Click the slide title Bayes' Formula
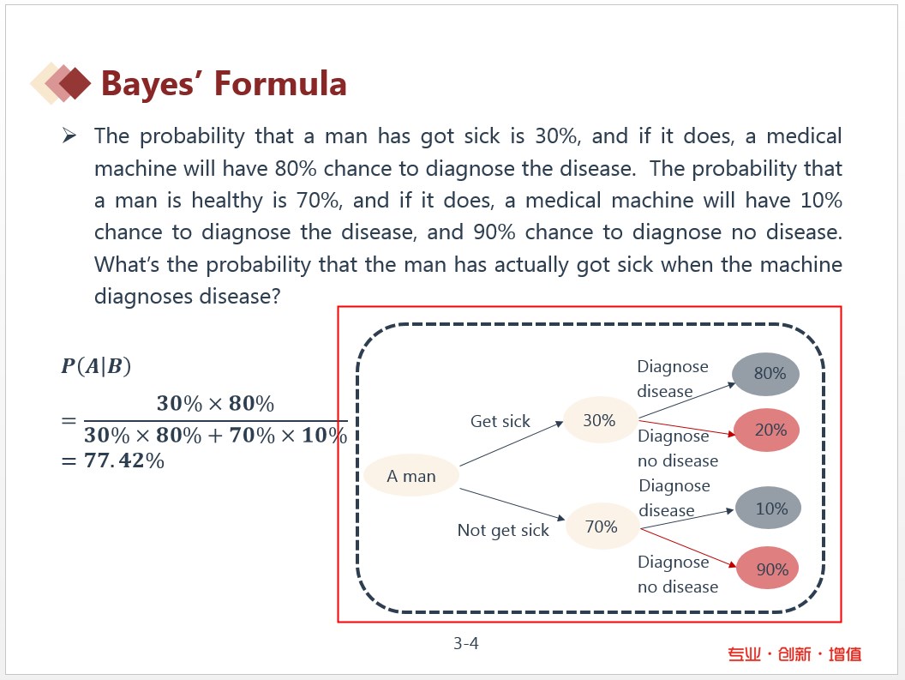tap(224, 83)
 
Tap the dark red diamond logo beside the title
tap(75, 83)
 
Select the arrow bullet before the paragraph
tap(69, 135)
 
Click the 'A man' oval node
tap(411, 475)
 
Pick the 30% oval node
tap(599, 420)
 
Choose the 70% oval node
tap(602, 527)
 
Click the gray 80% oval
tap(766, 374)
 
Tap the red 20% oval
tap(767, 430)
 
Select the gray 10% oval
tap(768, 508)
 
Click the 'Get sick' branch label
tap(500, 421)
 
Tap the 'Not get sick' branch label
tap(503, 530)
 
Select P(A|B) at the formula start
tap(96, 366)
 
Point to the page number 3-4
tap(465, 643)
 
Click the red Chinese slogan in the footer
tap(794, 654)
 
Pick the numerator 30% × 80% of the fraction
tap(215, 403)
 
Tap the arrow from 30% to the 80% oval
tap(686, 400)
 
